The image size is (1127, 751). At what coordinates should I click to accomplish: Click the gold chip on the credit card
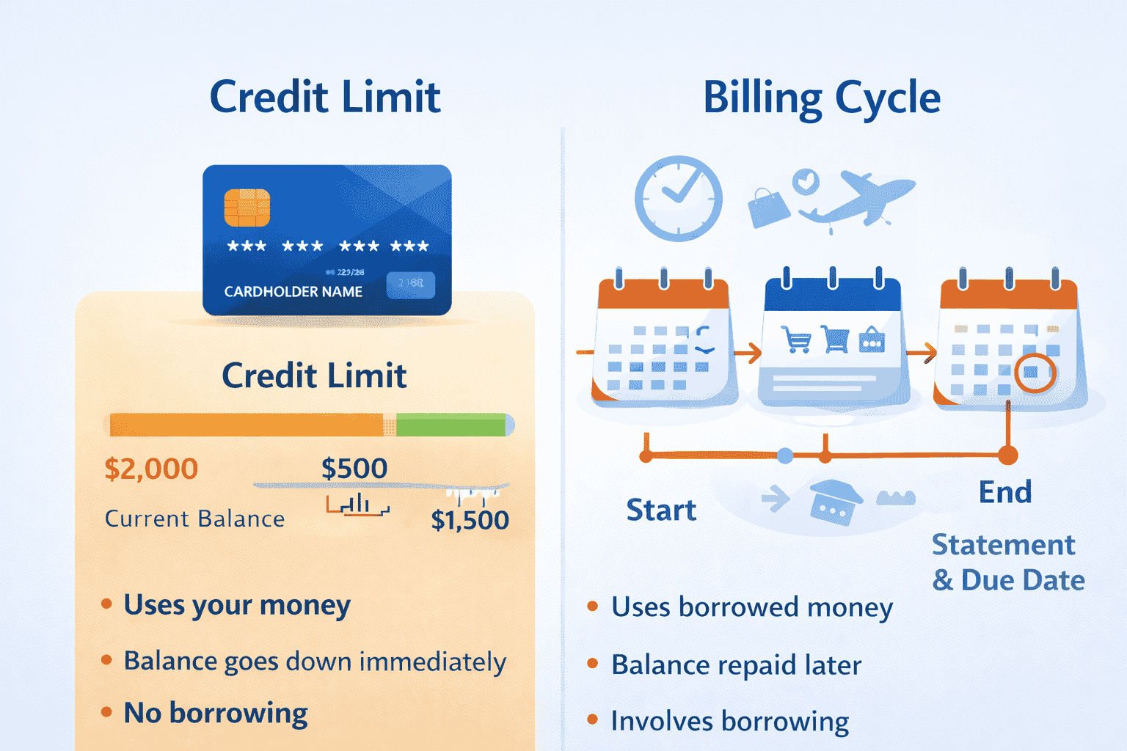[x=247, y=208]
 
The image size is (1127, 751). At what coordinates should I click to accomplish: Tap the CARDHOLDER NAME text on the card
[x=293, y=292]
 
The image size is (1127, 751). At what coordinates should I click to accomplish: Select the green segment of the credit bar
[x=451, y=425]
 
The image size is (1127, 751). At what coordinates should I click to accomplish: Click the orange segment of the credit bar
[x=246, y=425]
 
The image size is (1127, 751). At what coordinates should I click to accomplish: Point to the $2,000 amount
[x=151, y=469]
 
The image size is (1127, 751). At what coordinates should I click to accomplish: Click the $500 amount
[x=354, y=469]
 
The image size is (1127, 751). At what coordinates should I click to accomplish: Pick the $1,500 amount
[x=470, y=520]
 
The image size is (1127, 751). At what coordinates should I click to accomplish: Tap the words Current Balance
[x=194, y=519]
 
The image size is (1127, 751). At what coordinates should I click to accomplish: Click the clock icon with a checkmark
[x=678, y=198]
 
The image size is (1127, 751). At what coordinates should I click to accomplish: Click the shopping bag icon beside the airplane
[x=767, y=207]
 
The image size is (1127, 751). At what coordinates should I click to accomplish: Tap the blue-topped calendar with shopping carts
[x=833, y=341]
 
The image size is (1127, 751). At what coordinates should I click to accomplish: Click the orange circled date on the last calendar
[x=1035, y=373]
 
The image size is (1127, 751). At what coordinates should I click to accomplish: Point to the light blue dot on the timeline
[x=785, y=456]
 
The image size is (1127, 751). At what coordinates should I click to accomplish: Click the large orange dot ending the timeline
[x=1008, y=455]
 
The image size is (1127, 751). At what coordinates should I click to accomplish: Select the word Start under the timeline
[x=661, y=510]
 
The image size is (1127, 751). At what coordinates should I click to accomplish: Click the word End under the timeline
[x=1005, y=492]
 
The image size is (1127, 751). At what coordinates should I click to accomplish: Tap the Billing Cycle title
[x=822, y=98]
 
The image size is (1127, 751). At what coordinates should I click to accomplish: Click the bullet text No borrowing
[x=216, y=713]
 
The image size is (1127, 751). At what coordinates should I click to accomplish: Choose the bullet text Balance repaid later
[x=736, y=665]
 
